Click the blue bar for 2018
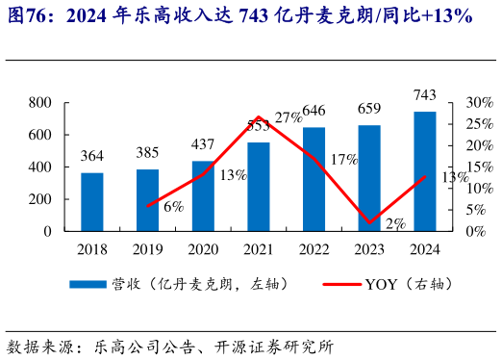click(x=92, y=202)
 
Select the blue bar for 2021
click(x=259, y=187)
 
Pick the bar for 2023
click(x=369, y=178)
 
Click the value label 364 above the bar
click(x=92, y=157)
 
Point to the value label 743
click(x=425, y=94)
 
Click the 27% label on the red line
click(x=288, y=118)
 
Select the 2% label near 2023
click(x=395, y=223)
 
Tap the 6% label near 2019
click(x=173, y=206)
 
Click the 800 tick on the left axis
click(x=39, y=102)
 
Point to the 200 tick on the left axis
click(x=39, y=199)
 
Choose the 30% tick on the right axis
click(x=479, y=102)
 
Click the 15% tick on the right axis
click(x=479, y=167)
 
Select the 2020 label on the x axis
click(x=203, y=249)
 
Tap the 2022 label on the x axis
click(x=314, y=249)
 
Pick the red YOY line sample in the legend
click(x=326, y=285)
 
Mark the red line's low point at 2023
click(x=370, y=223)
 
